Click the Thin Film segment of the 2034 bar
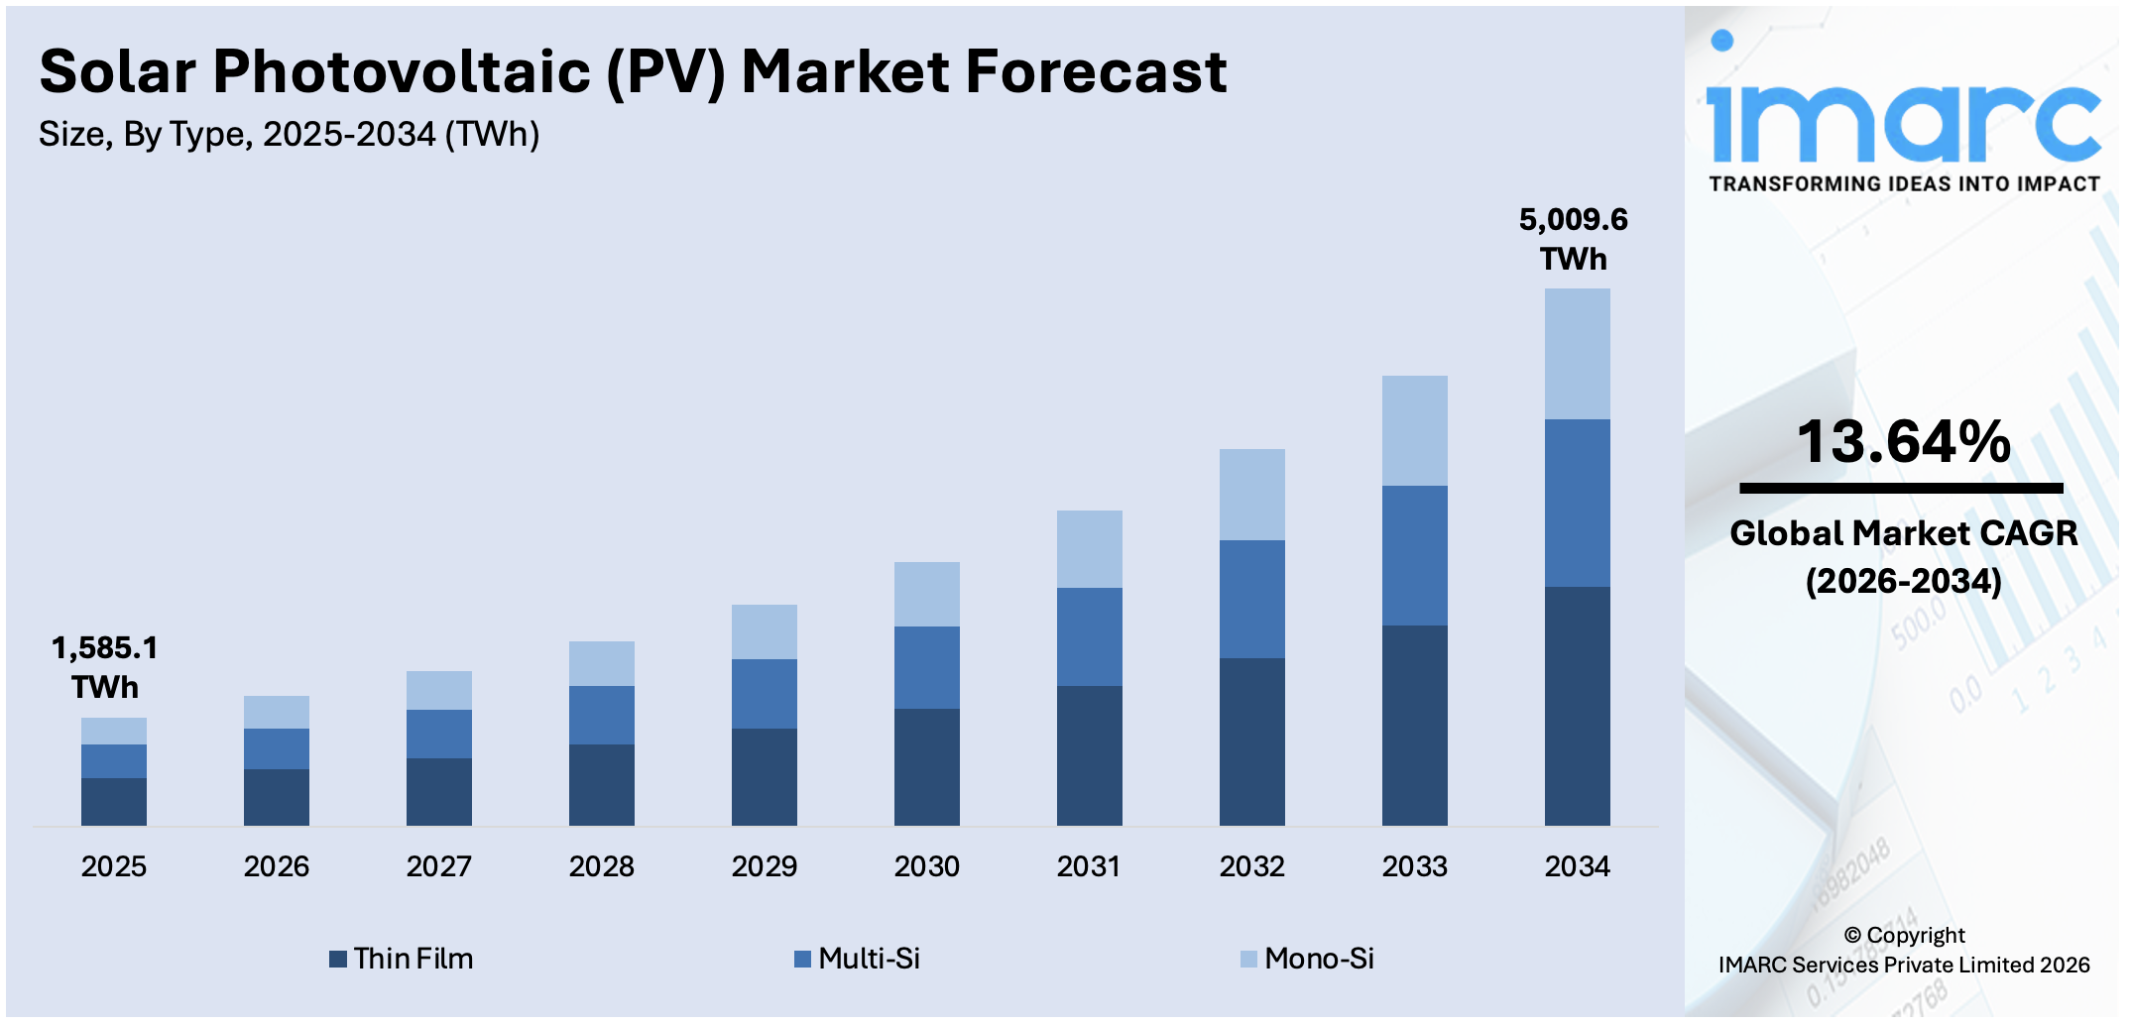(x=1577, y=706)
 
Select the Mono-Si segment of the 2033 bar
(x=1414, y=430)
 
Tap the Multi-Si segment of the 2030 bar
(x=926, y=667)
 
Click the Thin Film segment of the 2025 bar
(x=114, y=801)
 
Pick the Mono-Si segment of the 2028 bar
(x=601, y=663)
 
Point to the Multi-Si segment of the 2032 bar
(x=1251, y=599)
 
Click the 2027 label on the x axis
(x=438, y=866)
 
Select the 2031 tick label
(x=1089, y=866)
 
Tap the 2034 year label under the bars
(x=1577, y=866)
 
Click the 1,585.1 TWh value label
(x=105, y=667)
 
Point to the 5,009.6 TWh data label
(x=1574, y=239)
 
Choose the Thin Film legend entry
(x=402, y=959)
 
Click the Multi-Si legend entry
(x=858, y=959)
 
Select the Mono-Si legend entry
(x=1308, y=959)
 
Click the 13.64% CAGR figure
(x=1903, y=442)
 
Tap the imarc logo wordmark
(x=1903, y=121)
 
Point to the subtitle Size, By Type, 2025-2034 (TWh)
(x=289, y=134)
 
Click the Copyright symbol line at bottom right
(x=1904, y=935)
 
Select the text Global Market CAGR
(x=1903, y=533)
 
